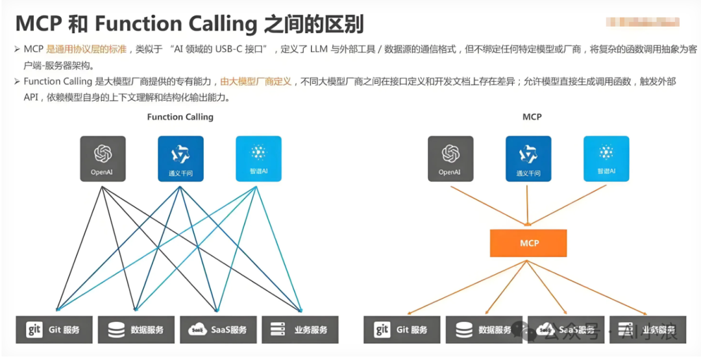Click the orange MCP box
coord(528,243)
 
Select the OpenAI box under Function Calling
coord(103,158)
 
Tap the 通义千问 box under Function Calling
coord(180,158)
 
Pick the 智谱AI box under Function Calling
coord(258,158)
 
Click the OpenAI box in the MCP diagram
coord(450,158)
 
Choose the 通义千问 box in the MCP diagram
coord(528,158)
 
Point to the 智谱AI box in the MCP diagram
coord(606,158)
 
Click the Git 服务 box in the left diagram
coord(55,330)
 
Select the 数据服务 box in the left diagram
coord(136,330)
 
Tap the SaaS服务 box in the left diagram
coord(218,330)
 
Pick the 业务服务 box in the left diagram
coord(300,330)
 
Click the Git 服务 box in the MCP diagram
coord(402,330)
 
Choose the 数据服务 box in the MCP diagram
coord(484,330)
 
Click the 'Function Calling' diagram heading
coord(180,117)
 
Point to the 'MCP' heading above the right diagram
coord(532,117)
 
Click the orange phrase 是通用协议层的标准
coord(86,49)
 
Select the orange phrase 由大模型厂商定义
coord(256,82)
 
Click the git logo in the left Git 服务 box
coord(34,330)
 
